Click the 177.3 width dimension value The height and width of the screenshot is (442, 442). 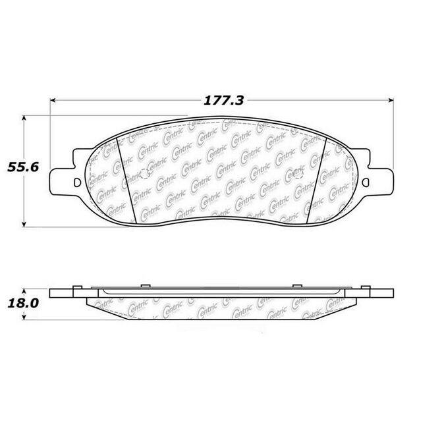(223, 101)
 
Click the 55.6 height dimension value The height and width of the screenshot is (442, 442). (23, 167)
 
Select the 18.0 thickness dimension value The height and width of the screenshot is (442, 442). (23, 304)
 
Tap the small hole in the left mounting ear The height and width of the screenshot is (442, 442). (77, 182)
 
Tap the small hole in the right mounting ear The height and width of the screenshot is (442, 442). (366, 182)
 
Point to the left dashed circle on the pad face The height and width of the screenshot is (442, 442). (146, 174)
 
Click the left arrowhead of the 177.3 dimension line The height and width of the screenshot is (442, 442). (52, 100)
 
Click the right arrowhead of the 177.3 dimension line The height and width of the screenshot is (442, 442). (391, 100)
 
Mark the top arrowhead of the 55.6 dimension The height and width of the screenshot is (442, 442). (24, 117)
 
